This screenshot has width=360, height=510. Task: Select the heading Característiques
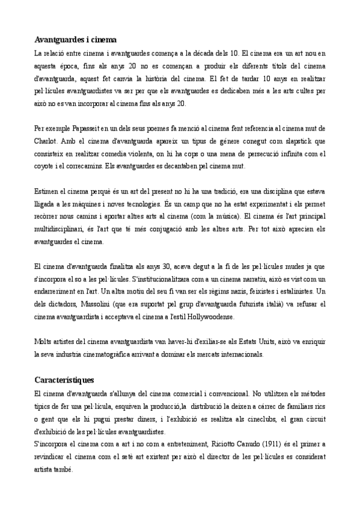coord(63,381)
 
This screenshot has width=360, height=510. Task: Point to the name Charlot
coord(44,140)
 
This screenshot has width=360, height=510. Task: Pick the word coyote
coord(44,166)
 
